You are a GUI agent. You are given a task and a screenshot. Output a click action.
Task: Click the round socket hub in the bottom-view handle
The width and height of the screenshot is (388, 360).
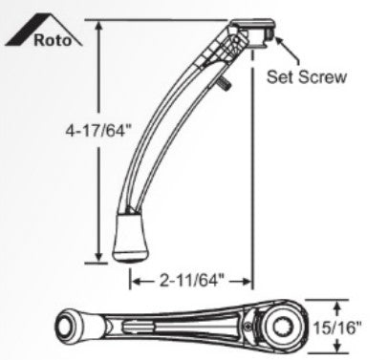(282, 328)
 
